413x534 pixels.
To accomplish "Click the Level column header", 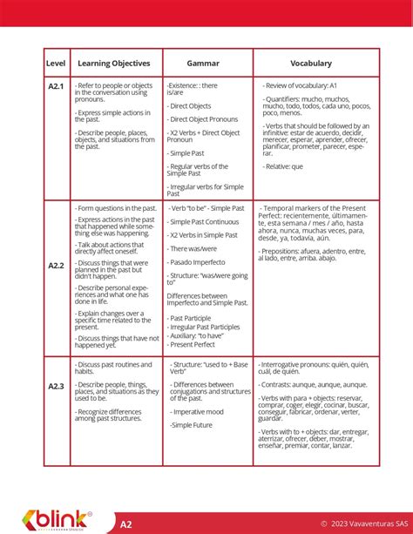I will (x=56, y=64).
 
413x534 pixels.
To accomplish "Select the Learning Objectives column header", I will (x=114, y=64).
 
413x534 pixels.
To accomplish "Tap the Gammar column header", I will (x=203, y=64).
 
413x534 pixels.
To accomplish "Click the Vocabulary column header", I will (x=311, y=64).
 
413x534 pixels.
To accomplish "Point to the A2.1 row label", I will (x=56, y=86).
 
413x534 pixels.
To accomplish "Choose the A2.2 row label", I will (x=56, y=265).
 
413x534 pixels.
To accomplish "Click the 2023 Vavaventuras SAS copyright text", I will (x=361, y=524).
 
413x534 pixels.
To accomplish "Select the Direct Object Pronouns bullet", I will (x=203, y=118).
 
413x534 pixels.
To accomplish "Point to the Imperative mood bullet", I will (x=198, y=411).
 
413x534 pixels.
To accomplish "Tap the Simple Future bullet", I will (x=194, y=424).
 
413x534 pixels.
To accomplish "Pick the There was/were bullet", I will (x=194, y=248).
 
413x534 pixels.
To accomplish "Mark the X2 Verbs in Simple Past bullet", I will (x=203, y=235).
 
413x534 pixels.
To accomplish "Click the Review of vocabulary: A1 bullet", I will (x=301, y=85).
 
